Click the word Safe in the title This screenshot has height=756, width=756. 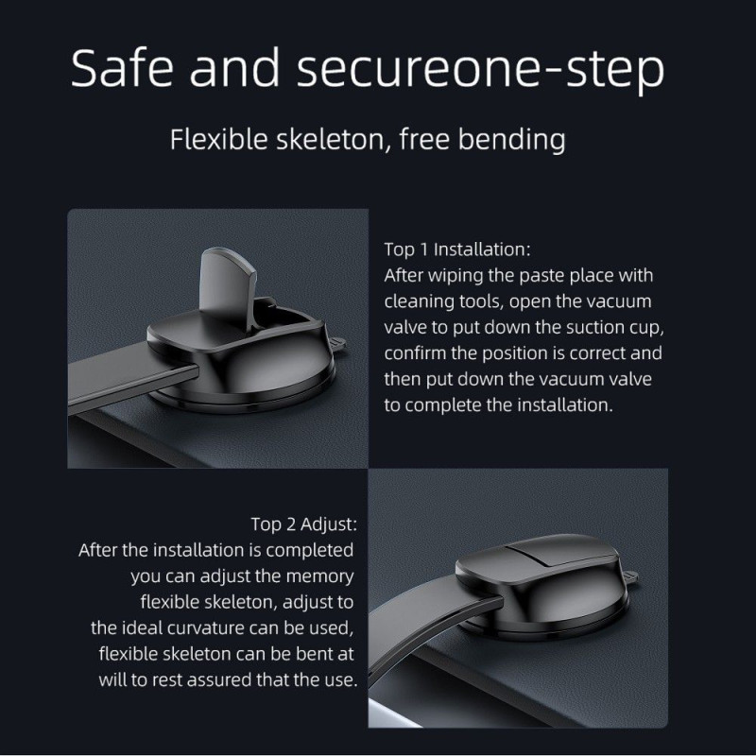[122, 67]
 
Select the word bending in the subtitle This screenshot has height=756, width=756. [511, 140]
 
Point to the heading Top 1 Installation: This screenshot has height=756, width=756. [457, 249]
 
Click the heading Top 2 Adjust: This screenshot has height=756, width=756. [304, 524]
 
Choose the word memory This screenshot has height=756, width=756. [319, 577]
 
